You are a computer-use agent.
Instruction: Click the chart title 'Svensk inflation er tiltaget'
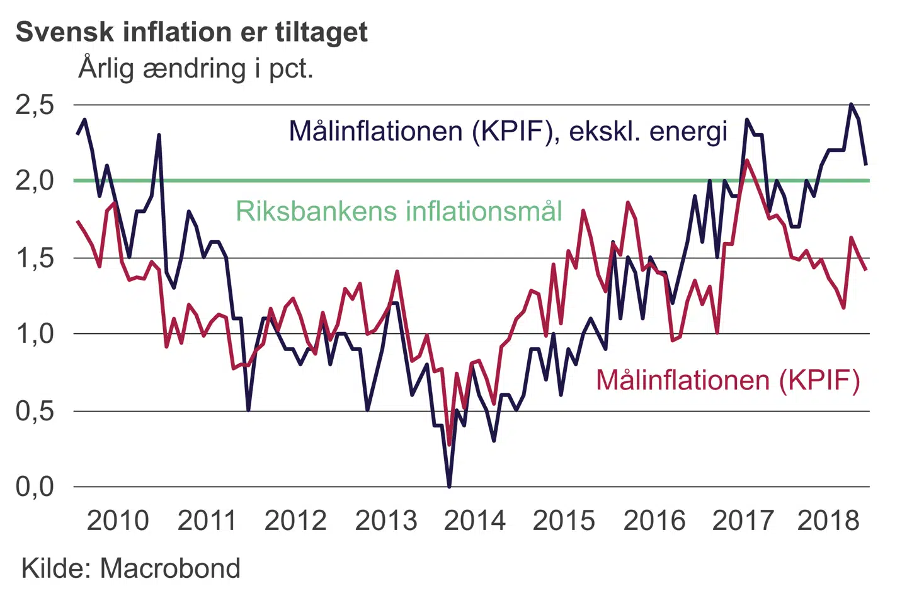191,32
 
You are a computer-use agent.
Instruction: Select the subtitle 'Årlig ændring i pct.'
196,68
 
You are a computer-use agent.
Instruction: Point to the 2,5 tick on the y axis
35,105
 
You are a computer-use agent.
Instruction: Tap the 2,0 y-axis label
35,181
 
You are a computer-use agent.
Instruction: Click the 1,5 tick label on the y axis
35,258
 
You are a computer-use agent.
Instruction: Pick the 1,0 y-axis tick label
35,334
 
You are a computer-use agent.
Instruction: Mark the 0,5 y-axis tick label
35,412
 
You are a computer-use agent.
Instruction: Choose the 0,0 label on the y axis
35,487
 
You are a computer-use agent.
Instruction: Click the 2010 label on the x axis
118,521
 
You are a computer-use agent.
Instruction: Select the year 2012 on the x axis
295,521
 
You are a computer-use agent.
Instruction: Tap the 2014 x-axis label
474,521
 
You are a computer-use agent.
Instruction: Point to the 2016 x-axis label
654,521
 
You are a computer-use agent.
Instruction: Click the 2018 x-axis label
828,521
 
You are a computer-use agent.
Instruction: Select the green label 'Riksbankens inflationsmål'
399,211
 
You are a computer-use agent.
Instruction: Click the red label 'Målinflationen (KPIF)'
727,381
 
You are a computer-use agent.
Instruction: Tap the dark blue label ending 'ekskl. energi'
508,131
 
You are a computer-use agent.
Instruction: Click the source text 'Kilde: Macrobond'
131,568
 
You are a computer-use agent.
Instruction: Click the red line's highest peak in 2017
746,160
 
